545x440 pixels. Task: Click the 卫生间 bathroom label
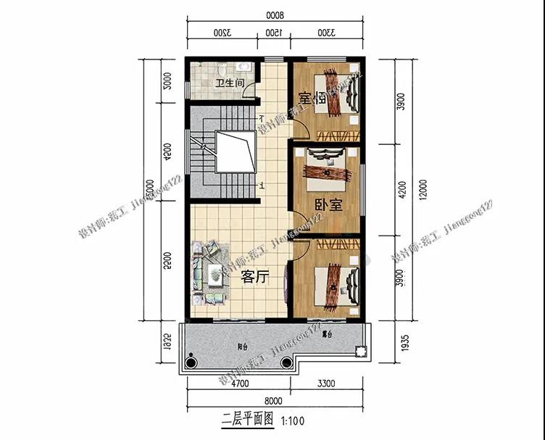(x=228, y=83)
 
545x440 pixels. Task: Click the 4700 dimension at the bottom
(x=239, y=384)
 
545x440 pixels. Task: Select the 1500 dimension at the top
(x=272, y=33)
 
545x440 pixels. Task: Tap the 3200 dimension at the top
(x=222, y=33)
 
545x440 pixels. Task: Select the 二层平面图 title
(x=247, y=419)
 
